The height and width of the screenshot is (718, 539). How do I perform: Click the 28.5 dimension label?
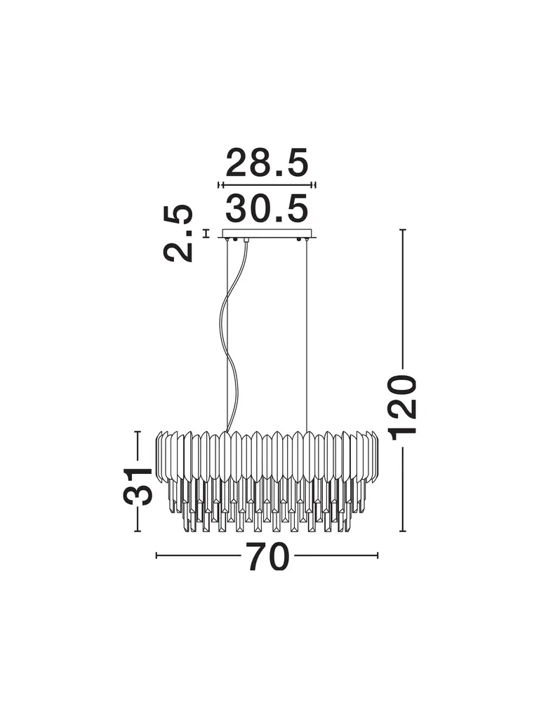click(267, 163)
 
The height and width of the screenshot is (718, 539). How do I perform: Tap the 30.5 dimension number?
click(267, 208)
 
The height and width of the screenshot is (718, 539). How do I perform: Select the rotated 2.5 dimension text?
click(178, 233)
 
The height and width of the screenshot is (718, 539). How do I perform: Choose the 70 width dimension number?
click(268, 556)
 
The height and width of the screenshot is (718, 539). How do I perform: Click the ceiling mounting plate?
click(267, 233)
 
